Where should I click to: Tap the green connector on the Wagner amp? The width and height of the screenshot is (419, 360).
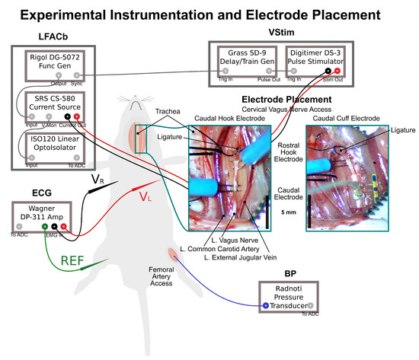44,226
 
